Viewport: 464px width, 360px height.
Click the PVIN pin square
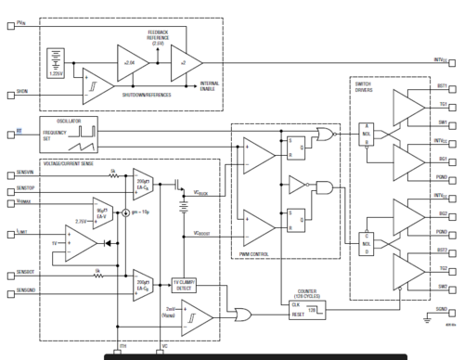[x=10, y=28]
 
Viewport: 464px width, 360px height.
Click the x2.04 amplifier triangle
[x=129, y=62]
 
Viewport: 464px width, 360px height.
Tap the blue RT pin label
[x=19, y=133]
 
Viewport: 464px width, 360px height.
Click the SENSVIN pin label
[x=25, y=174]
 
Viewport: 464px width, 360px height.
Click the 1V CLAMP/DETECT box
[x=186, y=284]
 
